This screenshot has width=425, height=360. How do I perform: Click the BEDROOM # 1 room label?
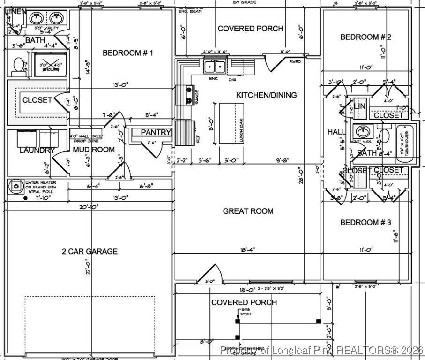[128, 53]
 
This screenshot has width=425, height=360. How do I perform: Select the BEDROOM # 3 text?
[365, 222]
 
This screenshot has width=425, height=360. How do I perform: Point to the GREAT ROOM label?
[248, 211]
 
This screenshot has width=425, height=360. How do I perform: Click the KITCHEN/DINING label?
[266, 95]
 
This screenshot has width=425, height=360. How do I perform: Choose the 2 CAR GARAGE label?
[89, 251]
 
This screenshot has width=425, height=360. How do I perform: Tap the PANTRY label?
[156, 133]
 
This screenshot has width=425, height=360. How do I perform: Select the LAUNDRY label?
[37, 150]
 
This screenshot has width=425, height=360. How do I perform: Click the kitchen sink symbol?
[215, 67]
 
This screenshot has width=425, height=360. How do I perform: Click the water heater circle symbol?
[16, 186]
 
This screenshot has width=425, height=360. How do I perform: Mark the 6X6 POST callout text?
[246, 312]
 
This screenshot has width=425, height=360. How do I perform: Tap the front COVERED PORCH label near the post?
[244, 302]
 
